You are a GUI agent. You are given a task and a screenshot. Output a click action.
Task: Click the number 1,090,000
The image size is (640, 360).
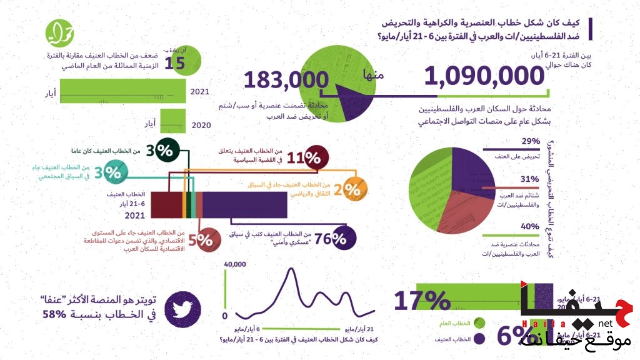pos(484,76)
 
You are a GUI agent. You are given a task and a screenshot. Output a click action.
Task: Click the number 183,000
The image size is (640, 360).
pos(286,81)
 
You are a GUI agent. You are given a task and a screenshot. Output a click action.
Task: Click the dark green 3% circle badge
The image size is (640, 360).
pos(163,149)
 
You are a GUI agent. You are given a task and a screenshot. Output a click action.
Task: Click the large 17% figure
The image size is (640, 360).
pos(422,301)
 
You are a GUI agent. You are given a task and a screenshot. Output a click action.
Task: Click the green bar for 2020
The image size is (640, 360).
pos(174,121)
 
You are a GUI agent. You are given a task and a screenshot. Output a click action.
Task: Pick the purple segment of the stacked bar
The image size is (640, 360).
pos(244,204)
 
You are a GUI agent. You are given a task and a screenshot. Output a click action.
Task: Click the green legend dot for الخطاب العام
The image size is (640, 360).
pos(480,322)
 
